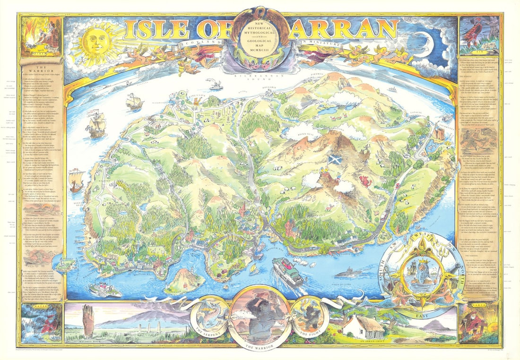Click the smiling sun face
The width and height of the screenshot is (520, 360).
97,42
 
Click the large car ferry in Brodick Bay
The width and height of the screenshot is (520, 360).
287,272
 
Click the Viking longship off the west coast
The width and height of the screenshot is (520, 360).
76,180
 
